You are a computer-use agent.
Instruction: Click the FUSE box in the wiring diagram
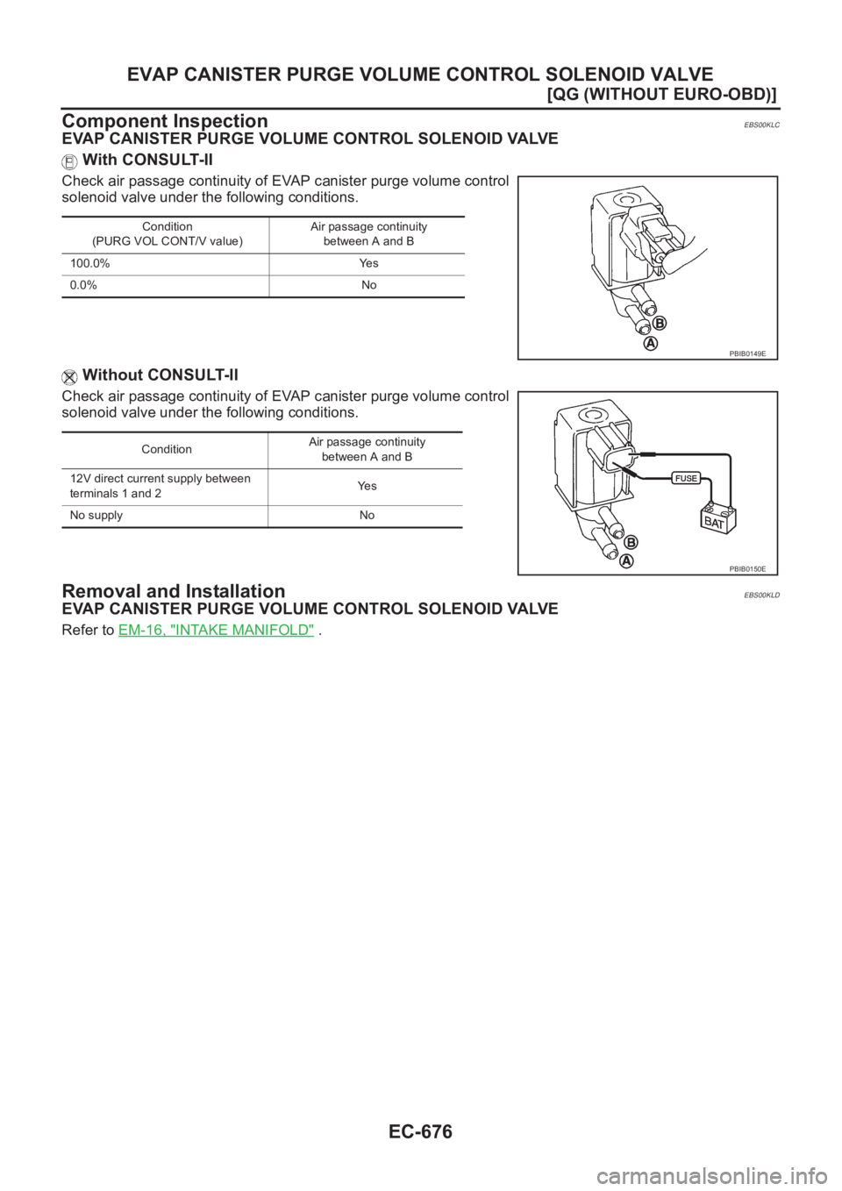pyautogui.click(x=686, y=478)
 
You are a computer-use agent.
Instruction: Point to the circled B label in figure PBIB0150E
pyautogui.click(x=631, y=543)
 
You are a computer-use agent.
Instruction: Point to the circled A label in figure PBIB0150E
pyautogui.click(x=625, y=561)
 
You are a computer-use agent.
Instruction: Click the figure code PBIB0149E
pyautogui.click(x=746, y=353)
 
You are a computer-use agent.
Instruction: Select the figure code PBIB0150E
pyautogui.click(x=746, y=568)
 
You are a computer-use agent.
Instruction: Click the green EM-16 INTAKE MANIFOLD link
pyautogui.click(x=216, y=631)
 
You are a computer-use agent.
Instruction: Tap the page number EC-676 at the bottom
pyautogui.click(x=421, y=1131)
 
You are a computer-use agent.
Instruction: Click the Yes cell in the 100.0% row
pyautogui.click(x=368, y=263)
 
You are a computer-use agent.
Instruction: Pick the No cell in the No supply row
pyautogui.click(x=367, y=516)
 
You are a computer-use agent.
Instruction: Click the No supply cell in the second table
pyautogui.click(x=96, y=516)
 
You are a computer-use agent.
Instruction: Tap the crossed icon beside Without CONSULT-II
pyautogui.click(x=69, y=377)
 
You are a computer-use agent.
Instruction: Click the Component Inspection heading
pyautogui.click(x=164, y=121)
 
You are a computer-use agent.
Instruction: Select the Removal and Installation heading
pyautogui.click(x=173, y=591)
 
